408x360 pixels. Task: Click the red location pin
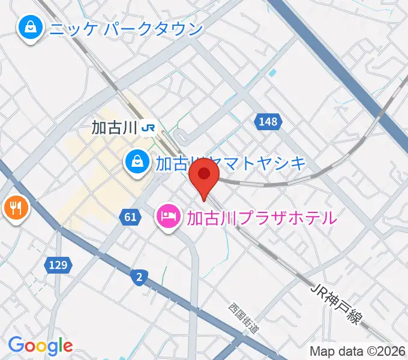[204, 176]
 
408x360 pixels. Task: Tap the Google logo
[40, 346]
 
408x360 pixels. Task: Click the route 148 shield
[268, 122]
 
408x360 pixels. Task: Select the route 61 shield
[131, 217]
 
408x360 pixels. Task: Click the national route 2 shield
[139, 277]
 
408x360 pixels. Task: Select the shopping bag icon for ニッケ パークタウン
[28, 28]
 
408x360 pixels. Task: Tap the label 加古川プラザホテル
[262, 217]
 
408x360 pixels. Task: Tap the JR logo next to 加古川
[149, 127]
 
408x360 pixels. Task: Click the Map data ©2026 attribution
[358, 351]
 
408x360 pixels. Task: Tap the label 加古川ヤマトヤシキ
[231, 163]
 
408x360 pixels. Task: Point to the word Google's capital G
[16, 345]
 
